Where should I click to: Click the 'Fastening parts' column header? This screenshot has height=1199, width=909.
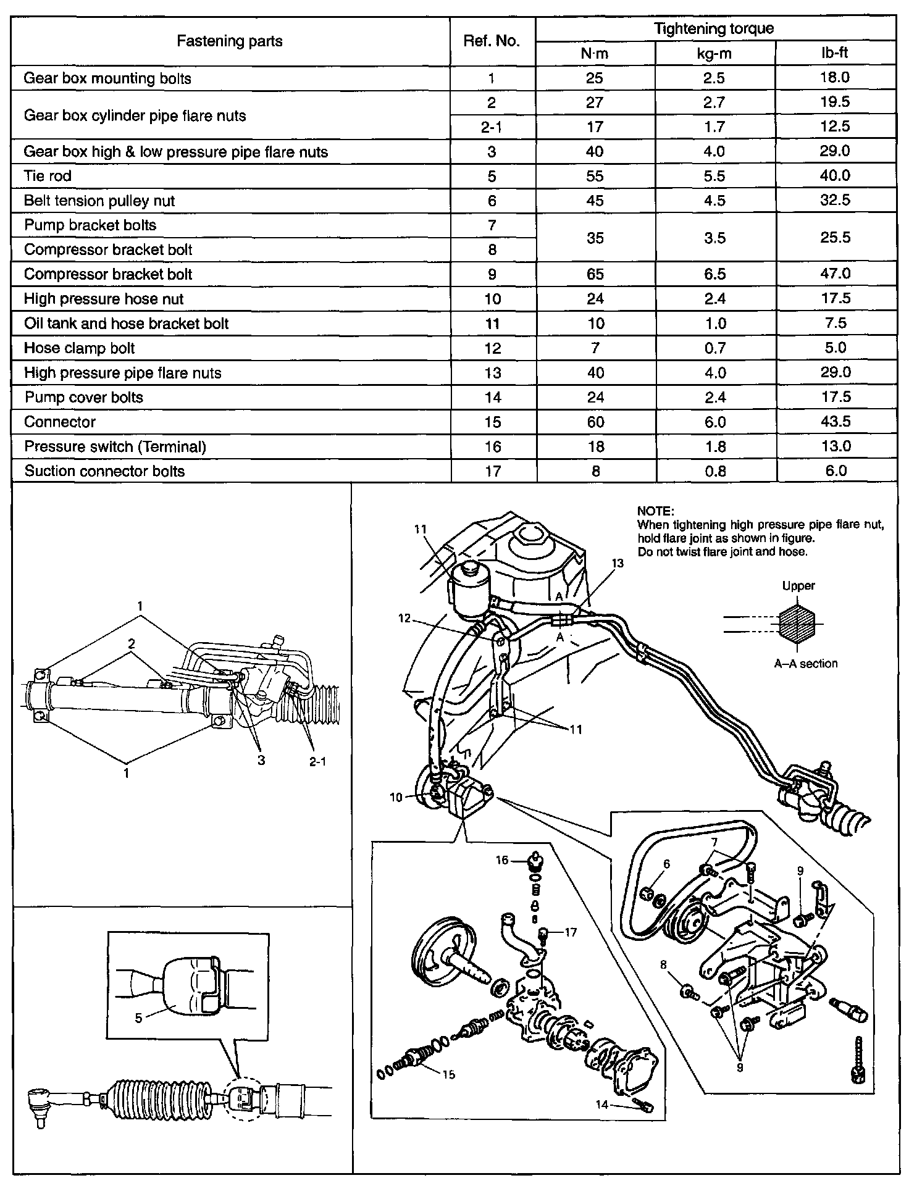click(230, 41)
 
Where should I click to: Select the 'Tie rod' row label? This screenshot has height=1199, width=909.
click(48, 176)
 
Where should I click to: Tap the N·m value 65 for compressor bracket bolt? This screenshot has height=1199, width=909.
click(595, 274)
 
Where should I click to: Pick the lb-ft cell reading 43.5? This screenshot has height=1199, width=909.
click(836, 422)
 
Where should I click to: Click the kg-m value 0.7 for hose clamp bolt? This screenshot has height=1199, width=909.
click(714, 348)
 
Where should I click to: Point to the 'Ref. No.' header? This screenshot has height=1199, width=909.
click(492, 41)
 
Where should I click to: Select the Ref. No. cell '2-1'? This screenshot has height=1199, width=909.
click(492, 127)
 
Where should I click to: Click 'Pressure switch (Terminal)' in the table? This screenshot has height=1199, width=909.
click(115, 446)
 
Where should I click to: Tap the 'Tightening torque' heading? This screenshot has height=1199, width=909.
click(714, 28)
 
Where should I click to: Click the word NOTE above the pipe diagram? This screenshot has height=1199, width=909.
click(655, 511)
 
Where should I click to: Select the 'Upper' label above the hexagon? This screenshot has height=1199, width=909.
click(798, 586)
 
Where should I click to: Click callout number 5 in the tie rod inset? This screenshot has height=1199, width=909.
click(138, 1017)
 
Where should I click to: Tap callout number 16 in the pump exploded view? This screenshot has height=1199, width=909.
click(501, 860)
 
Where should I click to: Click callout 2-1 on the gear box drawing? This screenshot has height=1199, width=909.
click(317, 762)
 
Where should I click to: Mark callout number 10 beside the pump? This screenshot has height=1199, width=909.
click(396, 797)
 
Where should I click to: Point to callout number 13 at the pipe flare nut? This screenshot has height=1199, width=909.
click(618, 563)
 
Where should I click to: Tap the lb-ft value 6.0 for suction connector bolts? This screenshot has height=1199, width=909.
click(836, 471)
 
